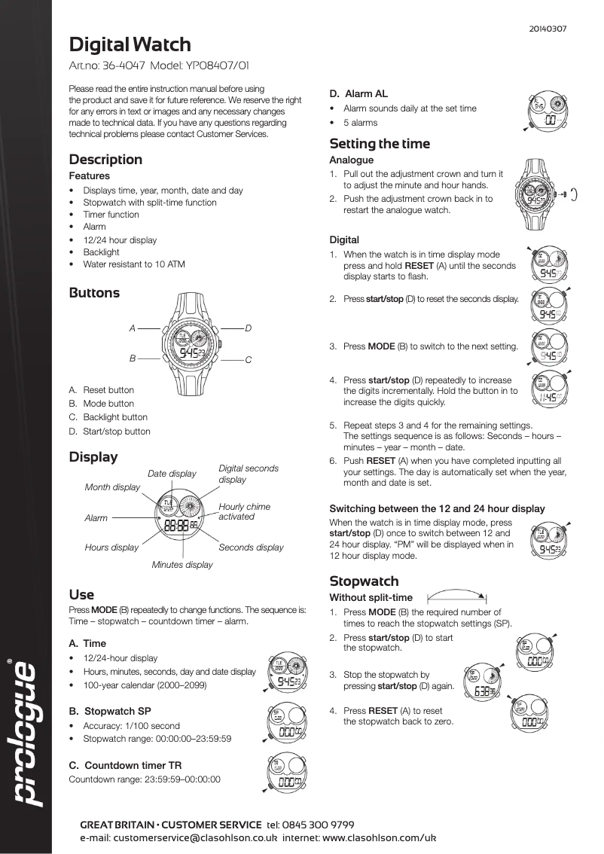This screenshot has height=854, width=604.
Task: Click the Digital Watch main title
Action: point(130,44)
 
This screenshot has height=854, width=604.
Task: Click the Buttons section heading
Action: point(94,293)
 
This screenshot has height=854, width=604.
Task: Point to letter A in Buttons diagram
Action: point(132,328)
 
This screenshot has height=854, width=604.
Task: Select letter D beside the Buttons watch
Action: point(249,328)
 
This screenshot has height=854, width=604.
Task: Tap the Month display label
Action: point(112,487)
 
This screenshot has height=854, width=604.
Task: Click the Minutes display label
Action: point(182,564)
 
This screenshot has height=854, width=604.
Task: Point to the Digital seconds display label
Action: point(248,474)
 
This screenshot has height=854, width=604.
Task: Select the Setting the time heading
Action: point(380,144)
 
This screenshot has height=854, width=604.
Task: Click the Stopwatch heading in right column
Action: point(364,581)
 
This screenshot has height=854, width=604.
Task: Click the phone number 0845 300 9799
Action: point(320,825)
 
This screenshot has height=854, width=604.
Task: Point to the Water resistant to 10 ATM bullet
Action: point(133,264)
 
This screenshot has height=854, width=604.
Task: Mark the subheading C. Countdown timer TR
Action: point(125,765)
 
